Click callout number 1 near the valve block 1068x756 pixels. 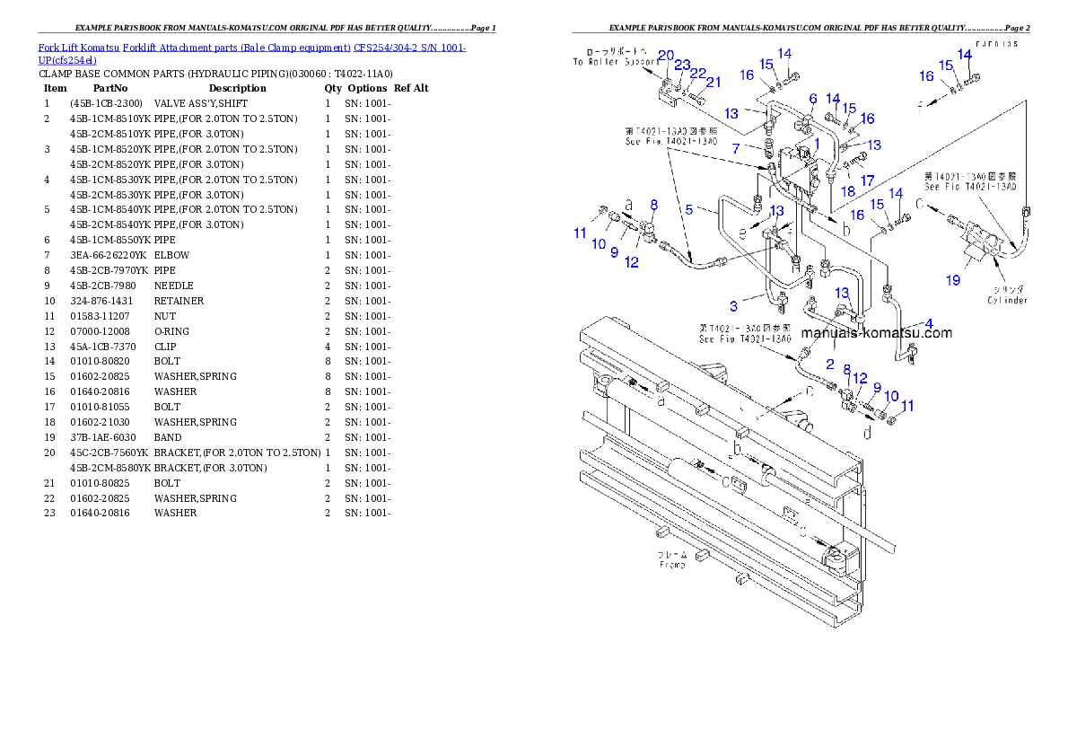click(817, 142)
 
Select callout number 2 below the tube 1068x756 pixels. click(830, 365)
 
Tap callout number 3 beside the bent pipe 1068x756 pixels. click(733, 307)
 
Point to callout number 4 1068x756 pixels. click(928, 323)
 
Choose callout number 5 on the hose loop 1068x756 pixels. click(689, 209)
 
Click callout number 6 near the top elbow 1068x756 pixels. click(812, 99)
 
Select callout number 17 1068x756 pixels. click(867, 181)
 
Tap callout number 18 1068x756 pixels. click(848, 190)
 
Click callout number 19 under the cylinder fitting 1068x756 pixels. click(953, 280)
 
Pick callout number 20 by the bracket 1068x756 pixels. click(665, 56)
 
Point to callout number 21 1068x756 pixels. click(713, 83)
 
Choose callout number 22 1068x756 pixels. click(698, 74)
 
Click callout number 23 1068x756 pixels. click(683, 66)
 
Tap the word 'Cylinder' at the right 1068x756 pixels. click(1007, 301)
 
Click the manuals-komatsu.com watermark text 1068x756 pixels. click(876, 333)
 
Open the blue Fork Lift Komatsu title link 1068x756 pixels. click(251, 54)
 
